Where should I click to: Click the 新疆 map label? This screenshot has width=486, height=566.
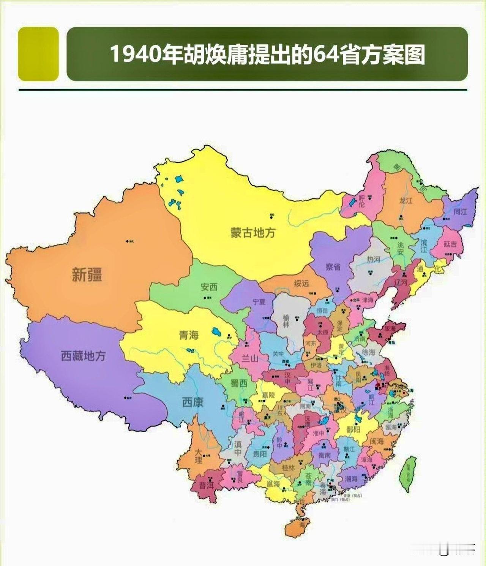point(87,274)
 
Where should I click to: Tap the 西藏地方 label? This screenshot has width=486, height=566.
point(83,356)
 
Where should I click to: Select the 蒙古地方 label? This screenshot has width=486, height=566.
point(253,233)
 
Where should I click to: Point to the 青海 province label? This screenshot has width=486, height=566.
point(189,335)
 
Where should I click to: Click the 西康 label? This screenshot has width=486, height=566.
point(193,402)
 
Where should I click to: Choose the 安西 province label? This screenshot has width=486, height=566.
point(209,287)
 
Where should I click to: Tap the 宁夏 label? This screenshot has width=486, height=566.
point(259,302)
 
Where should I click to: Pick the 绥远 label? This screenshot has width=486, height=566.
point(301,283)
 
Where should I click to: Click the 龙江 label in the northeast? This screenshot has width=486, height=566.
point(406,200)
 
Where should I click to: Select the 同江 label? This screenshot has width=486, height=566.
point(460,212)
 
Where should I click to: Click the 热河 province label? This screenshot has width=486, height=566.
point(373,259)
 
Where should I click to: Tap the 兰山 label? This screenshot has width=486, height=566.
point(250,358)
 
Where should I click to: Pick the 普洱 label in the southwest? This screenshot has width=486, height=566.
point(207,486)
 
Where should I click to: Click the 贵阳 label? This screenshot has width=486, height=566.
point(260,454)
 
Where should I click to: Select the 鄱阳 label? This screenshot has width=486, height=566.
point(353,430)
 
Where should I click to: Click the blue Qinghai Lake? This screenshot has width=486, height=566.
point(216,331)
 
